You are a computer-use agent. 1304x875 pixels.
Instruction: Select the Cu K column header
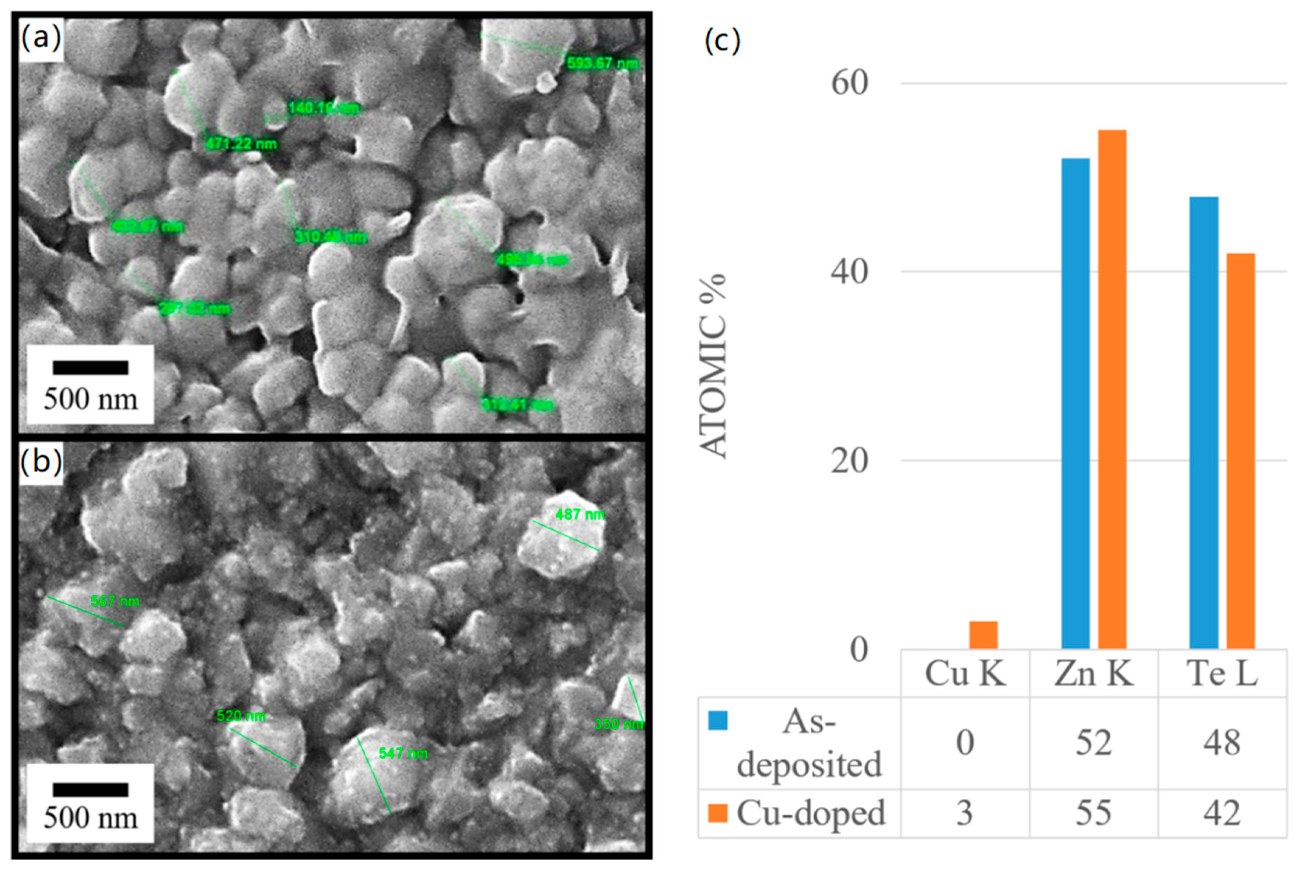pyautogui.click(x=965, y=673)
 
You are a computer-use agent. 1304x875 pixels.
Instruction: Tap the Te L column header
pyautogui.click(x=1222, y=673)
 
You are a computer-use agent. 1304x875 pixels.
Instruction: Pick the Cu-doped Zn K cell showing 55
pyautogui.click(x=1093, y=812)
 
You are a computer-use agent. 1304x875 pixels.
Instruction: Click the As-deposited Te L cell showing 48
pyautogui.click(x=1222, y=742)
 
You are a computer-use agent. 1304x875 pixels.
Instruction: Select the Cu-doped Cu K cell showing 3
pyautogui.click(x=965, y=812)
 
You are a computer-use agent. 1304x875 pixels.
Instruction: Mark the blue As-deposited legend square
pyautogui.click(x=718, y=720)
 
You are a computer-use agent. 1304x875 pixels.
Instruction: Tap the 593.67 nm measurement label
pyautogui.click(x=602, y=63)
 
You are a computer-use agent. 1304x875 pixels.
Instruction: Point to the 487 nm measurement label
pyautogui.click(x=580, y=514)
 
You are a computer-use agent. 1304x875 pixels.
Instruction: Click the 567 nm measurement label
pyautogui.click(x=115, y=601)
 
